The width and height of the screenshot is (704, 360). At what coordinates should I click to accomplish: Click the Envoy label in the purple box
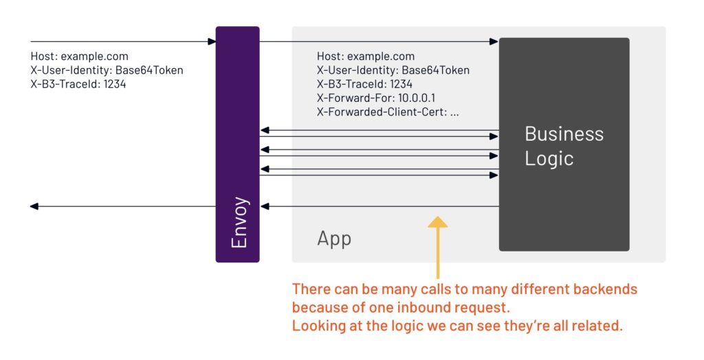point(239,223)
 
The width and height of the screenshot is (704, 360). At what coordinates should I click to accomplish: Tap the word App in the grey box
point(334,238)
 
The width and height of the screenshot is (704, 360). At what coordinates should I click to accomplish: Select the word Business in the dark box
point(564,133)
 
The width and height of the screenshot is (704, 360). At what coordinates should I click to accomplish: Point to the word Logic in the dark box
point(549,159)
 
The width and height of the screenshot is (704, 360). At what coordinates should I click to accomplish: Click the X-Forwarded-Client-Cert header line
point(388,113)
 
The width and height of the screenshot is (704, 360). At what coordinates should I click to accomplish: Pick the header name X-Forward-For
point(355,98)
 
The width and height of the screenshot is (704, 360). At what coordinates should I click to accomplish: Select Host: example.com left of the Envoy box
point(79,56)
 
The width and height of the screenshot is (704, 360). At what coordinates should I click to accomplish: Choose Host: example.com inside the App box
point(366,56)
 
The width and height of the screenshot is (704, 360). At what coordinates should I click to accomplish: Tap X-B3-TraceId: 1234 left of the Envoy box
point(78,85)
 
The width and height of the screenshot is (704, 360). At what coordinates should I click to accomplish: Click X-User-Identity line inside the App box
point(393,70)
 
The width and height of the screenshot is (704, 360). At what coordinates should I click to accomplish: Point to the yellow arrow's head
point(437,222)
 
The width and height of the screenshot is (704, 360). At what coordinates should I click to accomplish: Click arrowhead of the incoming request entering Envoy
point(212,42)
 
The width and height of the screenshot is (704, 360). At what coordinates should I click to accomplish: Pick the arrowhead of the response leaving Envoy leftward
point(34,206)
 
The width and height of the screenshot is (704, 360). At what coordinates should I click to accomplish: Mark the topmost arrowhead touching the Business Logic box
point(494,42)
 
